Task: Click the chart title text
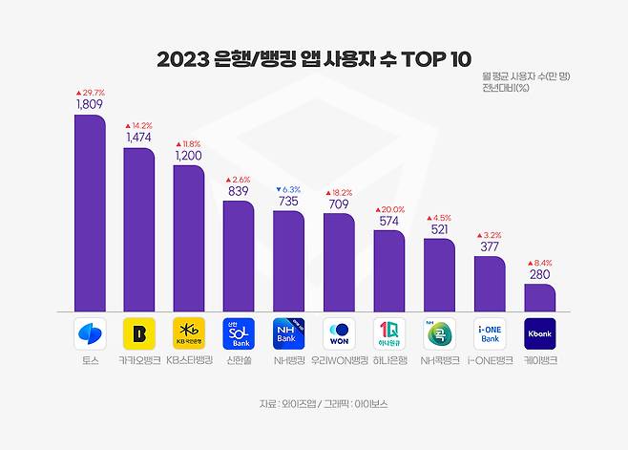click(x=314, y=58)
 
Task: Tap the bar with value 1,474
click(x=139, y=229)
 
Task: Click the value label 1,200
click(x=188, y=155)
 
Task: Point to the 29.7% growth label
click(x=90, y=93)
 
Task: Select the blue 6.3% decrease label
click(x=287, y=189)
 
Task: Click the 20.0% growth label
click(x=388, y=209)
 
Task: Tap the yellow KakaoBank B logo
click(x=139, y=334)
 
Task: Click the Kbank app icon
click(x=539, y=334)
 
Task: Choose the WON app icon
click(x=339, y=334)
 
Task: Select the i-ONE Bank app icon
click(x=489, y=334)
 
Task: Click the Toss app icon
click(x=91, y=334)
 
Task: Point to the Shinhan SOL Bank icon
click(x=240, y=334)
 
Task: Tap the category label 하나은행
click(x=388, y=361)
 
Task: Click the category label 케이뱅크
click(x=539, y=361)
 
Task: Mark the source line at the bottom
click(x=314, y=404)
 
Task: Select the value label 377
click(x=489, y=246)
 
